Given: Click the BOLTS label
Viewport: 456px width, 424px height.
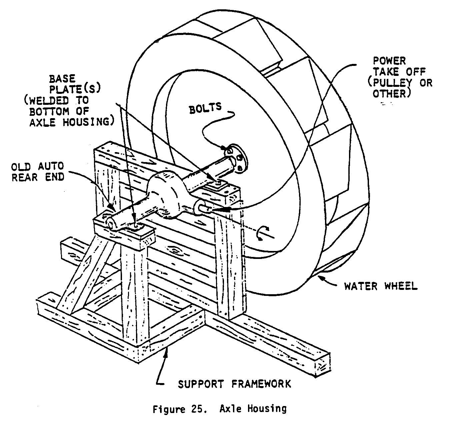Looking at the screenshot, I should pos(205,108).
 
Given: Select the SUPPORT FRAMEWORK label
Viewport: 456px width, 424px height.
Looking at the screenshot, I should pos(234,384).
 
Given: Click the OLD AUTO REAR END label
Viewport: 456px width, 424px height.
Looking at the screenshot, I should pos(38,172).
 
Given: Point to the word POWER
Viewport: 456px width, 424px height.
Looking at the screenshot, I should pos(389,61).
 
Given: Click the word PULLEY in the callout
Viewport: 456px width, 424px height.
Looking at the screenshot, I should pos(393,83).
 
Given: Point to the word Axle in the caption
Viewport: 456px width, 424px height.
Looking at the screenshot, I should pos(230,409).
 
